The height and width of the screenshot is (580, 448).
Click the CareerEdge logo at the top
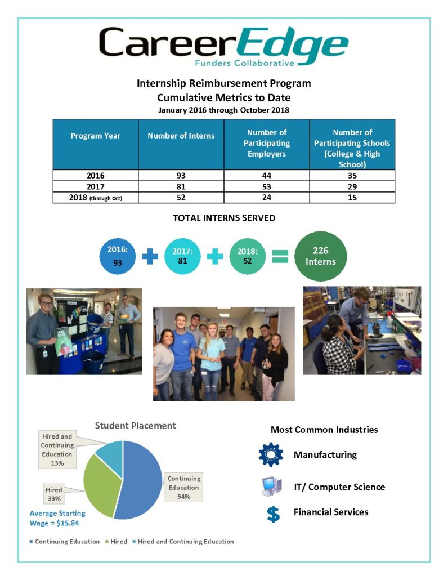223,46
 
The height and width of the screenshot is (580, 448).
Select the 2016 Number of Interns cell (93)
181,176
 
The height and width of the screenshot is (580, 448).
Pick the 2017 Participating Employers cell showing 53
267,187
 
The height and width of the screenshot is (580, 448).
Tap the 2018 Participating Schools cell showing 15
352,198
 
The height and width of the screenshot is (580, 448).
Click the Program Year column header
96,136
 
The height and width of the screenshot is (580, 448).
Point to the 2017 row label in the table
96,187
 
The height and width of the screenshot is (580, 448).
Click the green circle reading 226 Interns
320,256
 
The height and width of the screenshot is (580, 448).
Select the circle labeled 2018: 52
247,256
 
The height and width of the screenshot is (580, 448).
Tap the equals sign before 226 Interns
280,257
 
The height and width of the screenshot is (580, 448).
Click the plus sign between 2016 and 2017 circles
150,257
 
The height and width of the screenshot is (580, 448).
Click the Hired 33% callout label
54,494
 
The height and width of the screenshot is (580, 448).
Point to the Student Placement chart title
135,426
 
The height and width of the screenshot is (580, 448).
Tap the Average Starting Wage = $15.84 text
57,518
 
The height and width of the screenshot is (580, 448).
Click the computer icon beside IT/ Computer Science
271,486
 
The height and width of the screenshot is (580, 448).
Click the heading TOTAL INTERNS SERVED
223,217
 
